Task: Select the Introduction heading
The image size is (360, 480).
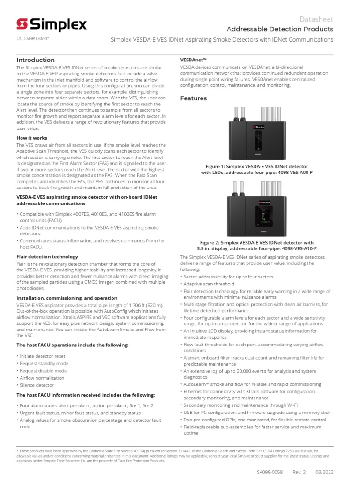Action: [36, 60]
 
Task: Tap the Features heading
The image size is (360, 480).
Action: [194, 98]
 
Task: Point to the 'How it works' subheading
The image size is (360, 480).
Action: [32, 138]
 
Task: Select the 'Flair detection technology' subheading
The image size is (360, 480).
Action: [47, 257]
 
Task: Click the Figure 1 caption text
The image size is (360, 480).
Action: [256, 169]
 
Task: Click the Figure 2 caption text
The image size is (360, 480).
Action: [256, 245]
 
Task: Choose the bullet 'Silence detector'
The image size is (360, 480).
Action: [37, 385]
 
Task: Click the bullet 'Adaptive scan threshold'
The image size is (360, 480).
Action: [209, 284]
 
